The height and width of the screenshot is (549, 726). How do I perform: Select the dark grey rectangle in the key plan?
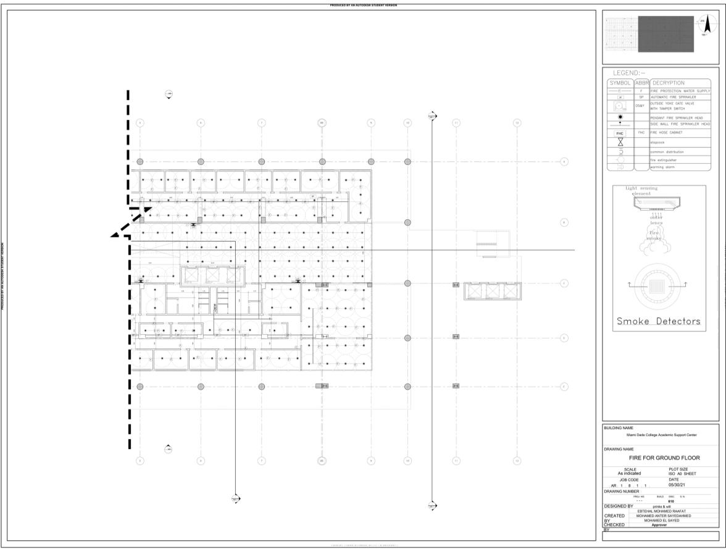[x=665, y=34]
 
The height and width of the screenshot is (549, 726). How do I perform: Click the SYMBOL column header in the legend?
[x=619, y=83]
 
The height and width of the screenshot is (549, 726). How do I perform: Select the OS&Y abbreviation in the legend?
[x=640, y=106]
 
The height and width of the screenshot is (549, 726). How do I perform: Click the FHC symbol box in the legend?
[x=619, y=133]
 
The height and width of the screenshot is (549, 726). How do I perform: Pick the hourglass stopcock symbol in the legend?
[x=619, y=143]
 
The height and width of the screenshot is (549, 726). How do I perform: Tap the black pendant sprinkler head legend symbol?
[x=619, y=117]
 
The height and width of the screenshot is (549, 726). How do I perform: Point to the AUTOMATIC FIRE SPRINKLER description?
[x=674, y=98]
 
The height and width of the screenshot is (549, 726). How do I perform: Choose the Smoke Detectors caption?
[x=659, y=321]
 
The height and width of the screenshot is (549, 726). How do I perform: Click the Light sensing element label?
[x=641, y=191]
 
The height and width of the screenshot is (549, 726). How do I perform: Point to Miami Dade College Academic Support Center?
[x=661, y=435]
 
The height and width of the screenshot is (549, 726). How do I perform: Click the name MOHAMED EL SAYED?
[x=661, y=521]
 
